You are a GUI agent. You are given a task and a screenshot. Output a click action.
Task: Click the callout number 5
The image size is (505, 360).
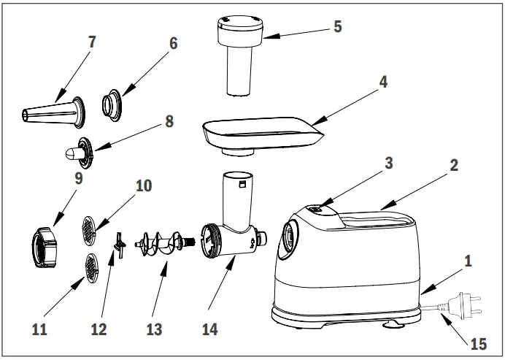tap(337, 26)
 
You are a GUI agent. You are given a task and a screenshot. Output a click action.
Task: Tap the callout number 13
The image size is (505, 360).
tap(154, 329)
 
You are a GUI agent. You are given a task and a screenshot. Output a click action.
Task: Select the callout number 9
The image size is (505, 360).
tap(77, 177)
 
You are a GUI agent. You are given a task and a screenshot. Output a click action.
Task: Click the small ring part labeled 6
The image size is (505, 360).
tap(114, 104)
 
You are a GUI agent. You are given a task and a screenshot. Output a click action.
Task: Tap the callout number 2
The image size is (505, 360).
tap(453, 165)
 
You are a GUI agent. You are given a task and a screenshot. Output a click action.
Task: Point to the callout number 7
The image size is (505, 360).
tap(91, 42)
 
